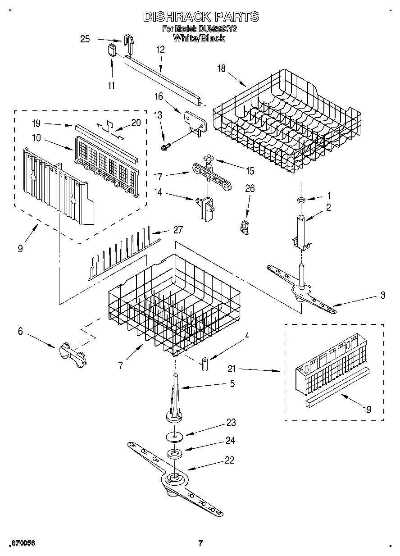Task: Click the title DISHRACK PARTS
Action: (x=201, y=17)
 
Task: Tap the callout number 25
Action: (x=85, y=39)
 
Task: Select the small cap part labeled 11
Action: (x=112, y=49)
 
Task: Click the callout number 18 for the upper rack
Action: (x=221, y=68)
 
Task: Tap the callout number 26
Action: (x=250, y=189)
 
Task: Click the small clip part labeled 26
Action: (x=245, y=226)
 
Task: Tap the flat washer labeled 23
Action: (x=174, y=436)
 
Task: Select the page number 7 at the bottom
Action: (x=201, y=543)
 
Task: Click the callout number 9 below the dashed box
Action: (x=21, y=248)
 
